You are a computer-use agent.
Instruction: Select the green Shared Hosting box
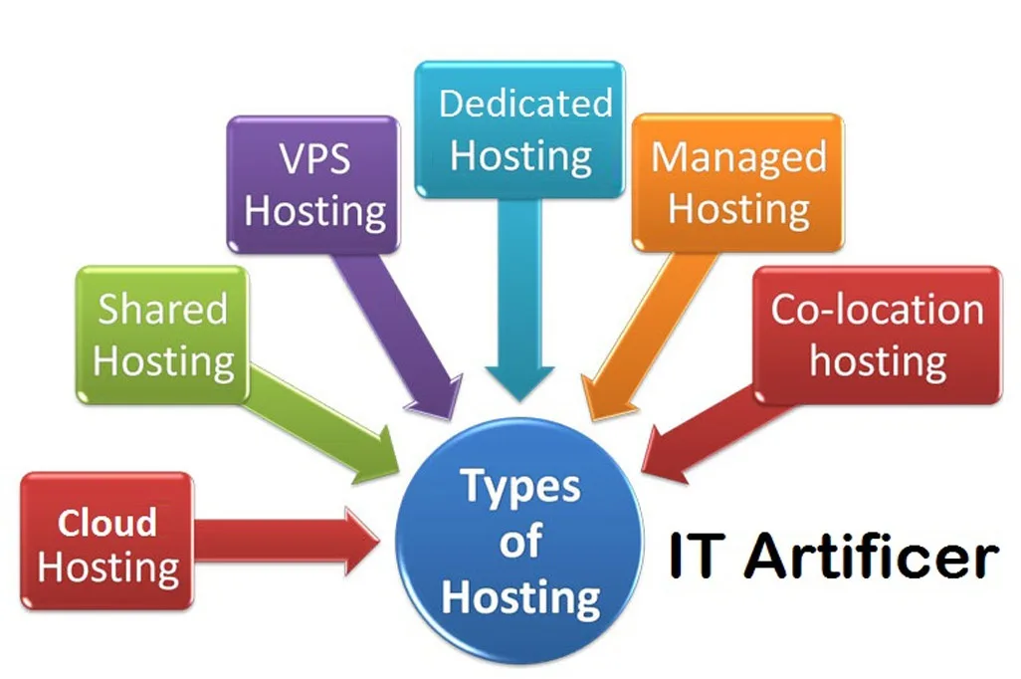161,335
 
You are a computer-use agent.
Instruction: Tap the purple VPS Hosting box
313,184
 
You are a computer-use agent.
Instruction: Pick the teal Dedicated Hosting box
520,129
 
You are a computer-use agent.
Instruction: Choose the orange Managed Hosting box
737,182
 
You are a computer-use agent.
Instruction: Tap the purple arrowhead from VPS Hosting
438,397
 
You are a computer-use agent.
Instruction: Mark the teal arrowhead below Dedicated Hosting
519,381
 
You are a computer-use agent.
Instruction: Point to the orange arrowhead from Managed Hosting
602,399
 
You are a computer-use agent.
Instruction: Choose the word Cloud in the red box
106,522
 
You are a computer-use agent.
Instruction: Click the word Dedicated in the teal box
524,104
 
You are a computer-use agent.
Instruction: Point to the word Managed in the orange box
737,157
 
